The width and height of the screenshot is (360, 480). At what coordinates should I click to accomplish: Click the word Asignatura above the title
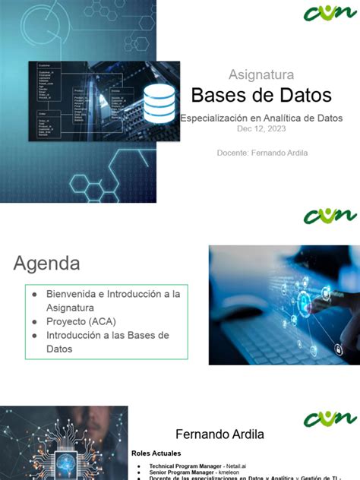261,74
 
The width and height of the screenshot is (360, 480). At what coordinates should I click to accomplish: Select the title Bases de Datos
261,96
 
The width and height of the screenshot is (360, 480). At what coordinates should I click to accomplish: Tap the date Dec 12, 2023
261,129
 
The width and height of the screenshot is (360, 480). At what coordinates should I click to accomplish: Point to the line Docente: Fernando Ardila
262,153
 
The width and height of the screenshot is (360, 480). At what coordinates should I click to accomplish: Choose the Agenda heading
46,264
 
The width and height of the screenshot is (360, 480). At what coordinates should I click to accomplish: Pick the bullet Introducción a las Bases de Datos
106,342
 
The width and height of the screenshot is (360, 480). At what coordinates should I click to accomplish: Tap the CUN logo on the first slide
330,13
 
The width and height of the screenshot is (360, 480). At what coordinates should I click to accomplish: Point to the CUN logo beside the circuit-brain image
330,418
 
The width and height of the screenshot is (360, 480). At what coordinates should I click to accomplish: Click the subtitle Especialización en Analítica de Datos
261,118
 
